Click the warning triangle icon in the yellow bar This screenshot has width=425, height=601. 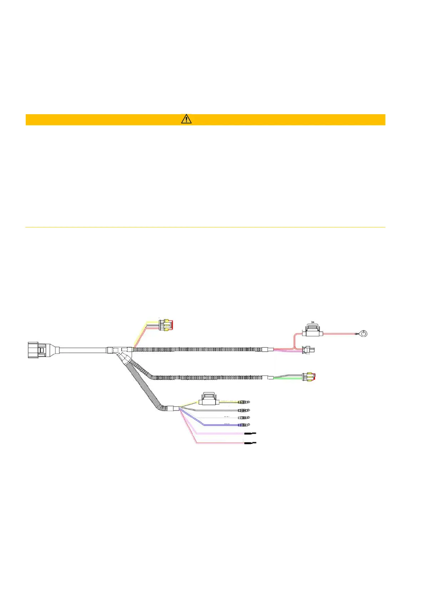coord(186,119)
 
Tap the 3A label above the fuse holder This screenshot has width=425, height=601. coord(312,322)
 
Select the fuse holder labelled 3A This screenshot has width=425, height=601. coord(312,331)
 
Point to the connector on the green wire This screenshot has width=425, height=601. coord(309,377)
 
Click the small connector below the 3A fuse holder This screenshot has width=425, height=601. coord(306,350)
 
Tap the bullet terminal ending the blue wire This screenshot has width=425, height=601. coord(244,425)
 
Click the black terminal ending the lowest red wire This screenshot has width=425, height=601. coord(250,443)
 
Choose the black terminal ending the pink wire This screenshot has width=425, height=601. coord(250,433)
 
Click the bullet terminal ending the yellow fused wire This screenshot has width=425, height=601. coord(244,402)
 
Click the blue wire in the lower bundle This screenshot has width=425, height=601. coord(218,425)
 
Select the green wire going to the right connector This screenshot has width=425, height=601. coord(288,379)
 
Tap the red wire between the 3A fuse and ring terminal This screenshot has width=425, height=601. coord(339,334)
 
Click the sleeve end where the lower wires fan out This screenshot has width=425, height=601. coord(176,409)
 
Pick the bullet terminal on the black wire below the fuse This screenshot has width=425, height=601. coord(244,410)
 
